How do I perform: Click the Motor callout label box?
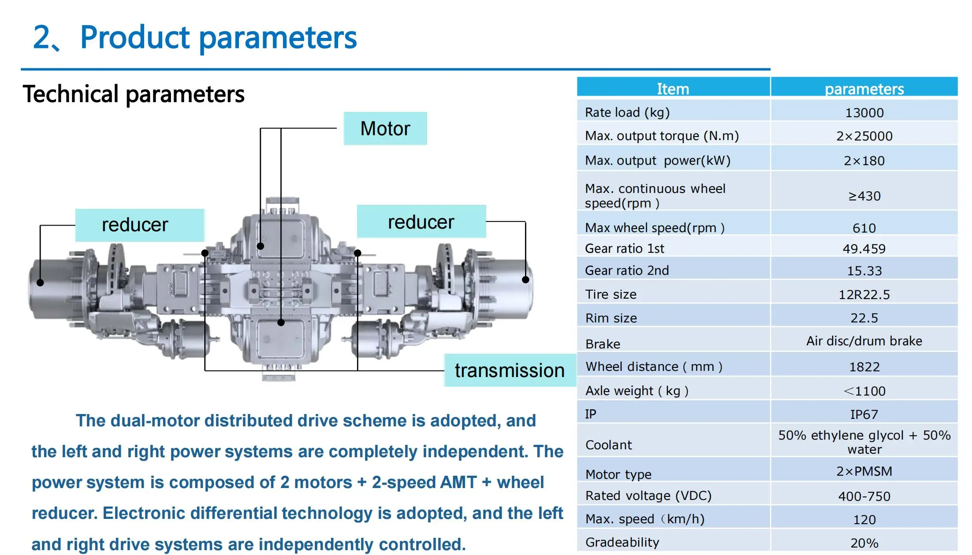[x=385, y=128]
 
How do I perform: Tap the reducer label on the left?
[x=135, y=225]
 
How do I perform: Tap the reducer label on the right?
[x=421, y=222]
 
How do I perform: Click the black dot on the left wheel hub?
[x=40, y=283]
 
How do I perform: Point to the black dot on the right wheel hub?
[x=525, y=279]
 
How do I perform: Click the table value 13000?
[x=864, y=113]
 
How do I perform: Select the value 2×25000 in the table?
[x=864, y=136]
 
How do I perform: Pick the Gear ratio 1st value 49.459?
[x=864, y=249]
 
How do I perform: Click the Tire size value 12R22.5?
[x=864, y=295]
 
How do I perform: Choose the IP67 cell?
[x=864, y=414]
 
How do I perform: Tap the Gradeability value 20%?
[x=864, y=543]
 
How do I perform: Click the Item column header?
[x=673, y=89]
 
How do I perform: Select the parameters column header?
[x=864, y=89]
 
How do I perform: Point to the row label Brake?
[x=603, y=344]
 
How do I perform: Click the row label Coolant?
[x=608, y=445]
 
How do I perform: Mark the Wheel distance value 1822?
[x=864, y=367]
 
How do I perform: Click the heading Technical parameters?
[x=134, y=94]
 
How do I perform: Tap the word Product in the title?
[x=135, y=37]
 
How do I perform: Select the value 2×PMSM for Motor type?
[x=864, y=471]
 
